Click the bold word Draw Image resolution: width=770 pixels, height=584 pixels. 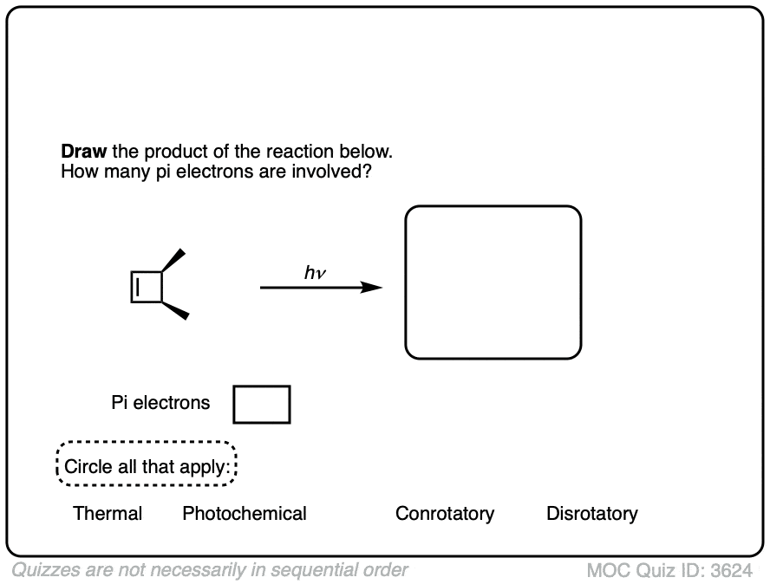pos(83,152)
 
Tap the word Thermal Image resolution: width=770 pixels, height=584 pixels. pos(108,514)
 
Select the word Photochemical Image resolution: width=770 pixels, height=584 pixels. pos(245,514)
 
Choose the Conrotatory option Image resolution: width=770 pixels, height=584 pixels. pos(445,514)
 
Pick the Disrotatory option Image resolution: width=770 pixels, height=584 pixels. pos(592,514)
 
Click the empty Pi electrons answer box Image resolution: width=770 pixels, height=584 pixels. pos(262,405)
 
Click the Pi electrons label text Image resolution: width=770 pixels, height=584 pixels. pos(160,403)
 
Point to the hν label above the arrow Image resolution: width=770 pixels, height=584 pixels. pos(315,273)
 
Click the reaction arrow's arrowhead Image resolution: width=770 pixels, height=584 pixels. pos(372,288)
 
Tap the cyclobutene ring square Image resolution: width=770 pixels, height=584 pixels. pos(147,287)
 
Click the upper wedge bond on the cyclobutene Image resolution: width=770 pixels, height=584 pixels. pos(174,259)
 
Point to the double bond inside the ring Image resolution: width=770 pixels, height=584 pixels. pos(138,287)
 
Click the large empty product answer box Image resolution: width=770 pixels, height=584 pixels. pos(493,282)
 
